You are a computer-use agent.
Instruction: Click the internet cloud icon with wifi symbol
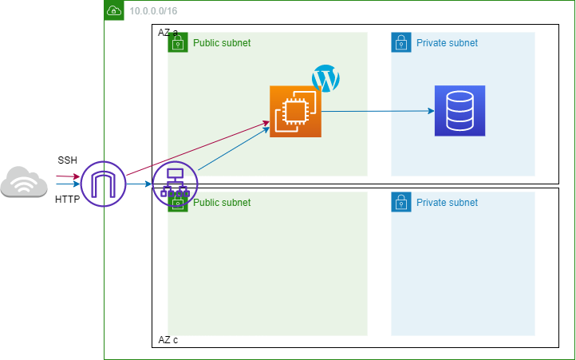pyautogui.click(x=24, y=182)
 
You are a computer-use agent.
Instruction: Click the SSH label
pyautogui.click(x=68, y=160)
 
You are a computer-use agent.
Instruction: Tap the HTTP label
pyautogui.click(x=67, y=200)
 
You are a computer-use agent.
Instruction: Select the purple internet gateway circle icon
pyautogui.click(x=103, y=184)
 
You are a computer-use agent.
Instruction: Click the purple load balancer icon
pyautogui.click(x=175, y=184)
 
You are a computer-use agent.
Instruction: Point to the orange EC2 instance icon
pyautogui.click(x=295, y=112)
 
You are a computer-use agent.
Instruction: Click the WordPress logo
pyautogui.click(x=325, y=78)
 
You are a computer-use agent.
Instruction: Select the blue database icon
pyautogui.click(x=460, y=111)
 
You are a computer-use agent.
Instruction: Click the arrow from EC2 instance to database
pyautogui.click(x=378, y=111)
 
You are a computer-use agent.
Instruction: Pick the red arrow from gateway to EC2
pyautogui.click(x=198, y=148)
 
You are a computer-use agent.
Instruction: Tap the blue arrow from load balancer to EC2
pyautogui.click(x=234, y=148)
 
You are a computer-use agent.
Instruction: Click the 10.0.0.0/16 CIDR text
pyautogui.click(x=153, y=11)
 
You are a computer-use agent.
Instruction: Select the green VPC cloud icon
pyautogui.click(x=114, y=10)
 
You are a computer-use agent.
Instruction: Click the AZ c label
pyautogui.click(x=168, y=340)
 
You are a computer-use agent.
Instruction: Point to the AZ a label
pyautogui.click(x=168, y=33)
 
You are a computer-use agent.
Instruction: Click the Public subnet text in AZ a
pyautogui.click(x=222, y=43)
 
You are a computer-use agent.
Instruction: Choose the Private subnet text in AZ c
pyautogui.click(x=447, y=203)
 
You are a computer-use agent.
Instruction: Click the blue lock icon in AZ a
pyautogui.click(x=401, y=42)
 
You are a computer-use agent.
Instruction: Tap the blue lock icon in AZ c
pyautogui.click(x=401, y=202)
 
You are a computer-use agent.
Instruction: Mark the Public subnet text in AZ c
pyautogui.click(x=222, y=203)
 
